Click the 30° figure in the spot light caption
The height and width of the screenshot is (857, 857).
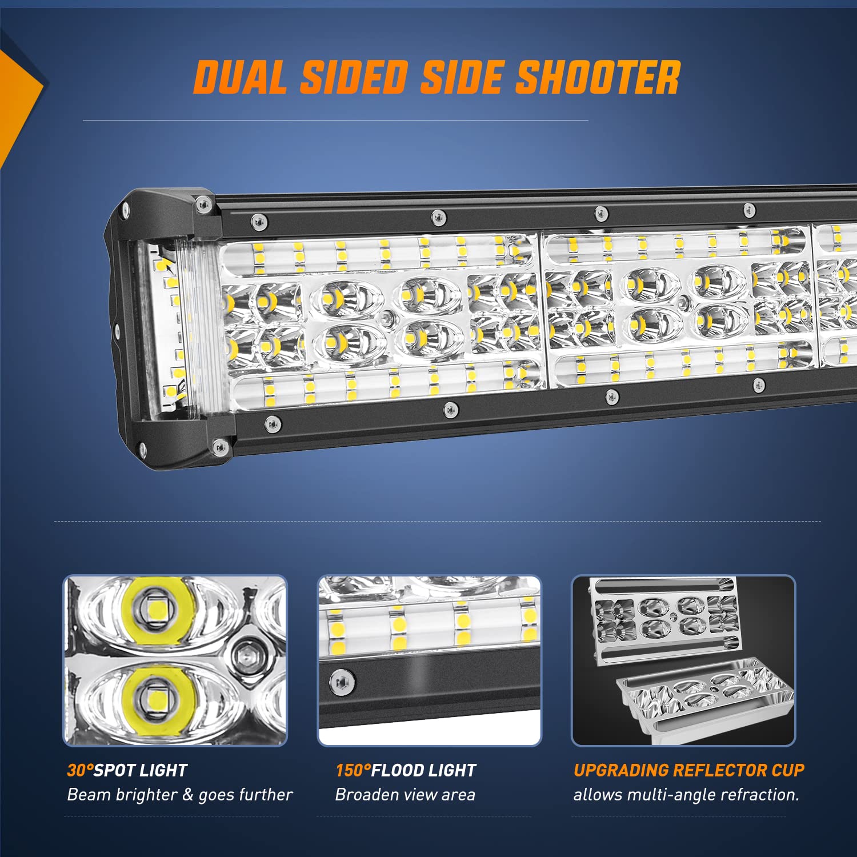click(x=80, y=770)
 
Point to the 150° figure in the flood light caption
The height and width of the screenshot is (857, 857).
click(x=353, y=770)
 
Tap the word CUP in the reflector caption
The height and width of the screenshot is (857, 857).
click(x=788, y=770)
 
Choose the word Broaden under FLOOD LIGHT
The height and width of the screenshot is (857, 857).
click(x=366, y=795)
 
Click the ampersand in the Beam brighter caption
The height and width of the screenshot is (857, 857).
click(x=187, y=795)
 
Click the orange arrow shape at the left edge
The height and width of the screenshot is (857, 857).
click(x=17, y=103)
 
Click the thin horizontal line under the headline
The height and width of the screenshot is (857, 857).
click(x=335, y=121)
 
